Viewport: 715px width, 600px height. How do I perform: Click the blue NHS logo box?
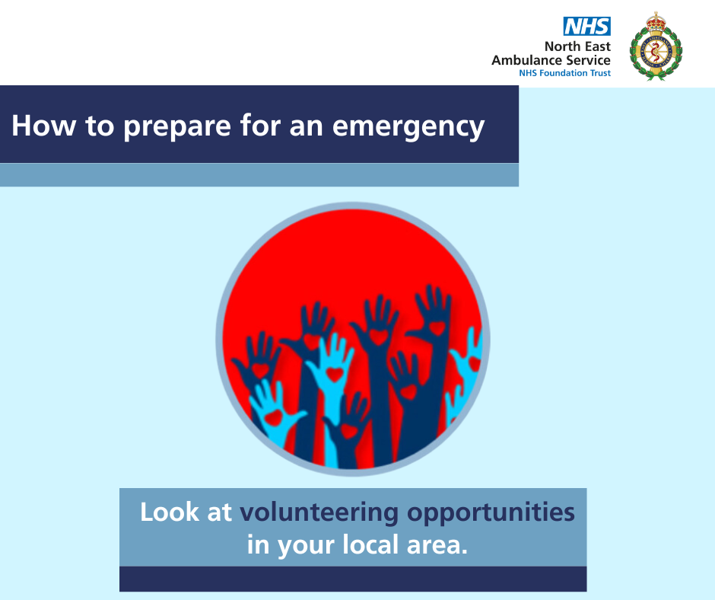587,27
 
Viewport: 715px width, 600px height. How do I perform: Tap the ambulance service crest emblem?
656,46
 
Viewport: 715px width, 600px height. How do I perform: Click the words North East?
577,46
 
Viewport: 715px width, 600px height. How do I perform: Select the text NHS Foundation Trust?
564,73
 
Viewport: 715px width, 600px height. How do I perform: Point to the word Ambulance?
526,60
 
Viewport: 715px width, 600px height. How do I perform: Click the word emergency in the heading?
408,127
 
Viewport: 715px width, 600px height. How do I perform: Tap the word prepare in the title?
177,127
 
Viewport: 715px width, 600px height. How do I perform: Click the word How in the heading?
44,125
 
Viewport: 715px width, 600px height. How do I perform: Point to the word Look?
170,512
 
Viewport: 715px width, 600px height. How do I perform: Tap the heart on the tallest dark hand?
437,328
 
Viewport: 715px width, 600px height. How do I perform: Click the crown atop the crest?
656,21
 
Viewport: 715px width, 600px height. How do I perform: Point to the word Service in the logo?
588,60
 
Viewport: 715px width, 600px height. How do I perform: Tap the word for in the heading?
259,125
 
